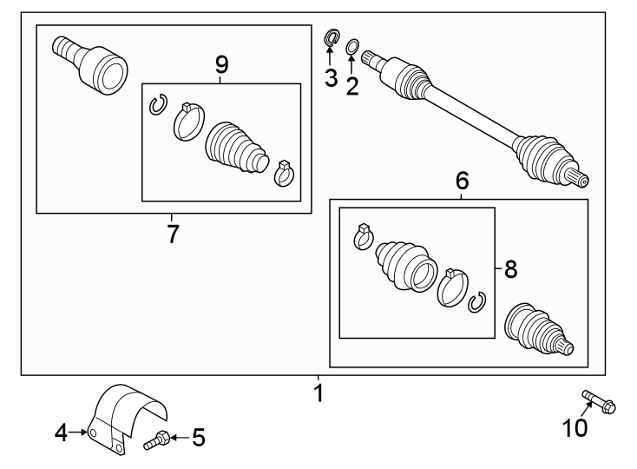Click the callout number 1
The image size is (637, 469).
[318, 393]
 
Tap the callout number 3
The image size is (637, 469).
[331, 77]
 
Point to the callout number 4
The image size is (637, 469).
[61, 432]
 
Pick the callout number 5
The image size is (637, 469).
[199, 438]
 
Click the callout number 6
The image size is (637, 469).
[462, 181]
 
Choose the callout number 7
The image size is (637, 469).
[172, 233]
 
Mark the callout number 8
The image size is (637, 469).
[510, 270]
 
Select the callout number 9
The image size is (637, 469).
[221, 63]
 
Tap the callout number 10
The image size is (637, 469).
[575, 427]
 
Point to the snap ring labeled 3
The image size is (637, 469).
[332, 38]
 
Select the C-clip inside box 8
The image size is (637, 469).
[475, 303]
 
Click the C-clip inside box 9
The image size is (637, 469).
[157, 104]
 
